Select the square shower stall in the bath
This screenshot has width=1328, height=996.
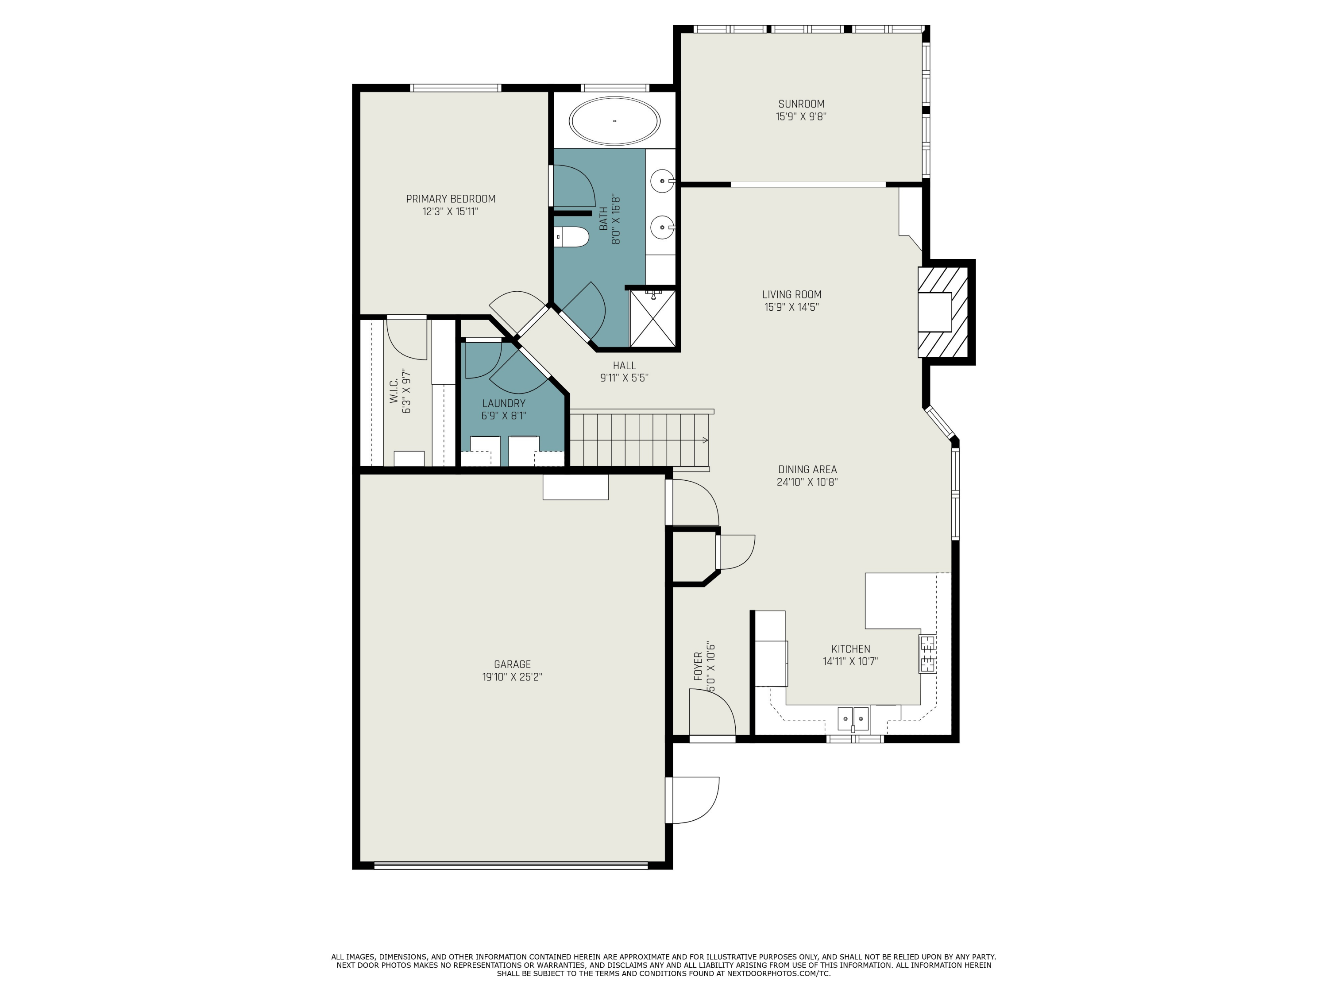652,319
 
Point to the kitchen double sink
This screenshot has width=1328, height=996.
853,718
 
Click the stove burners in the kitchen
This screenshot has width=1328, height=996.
927,654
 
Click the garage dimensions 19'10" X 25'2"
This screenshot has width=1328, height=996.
512,676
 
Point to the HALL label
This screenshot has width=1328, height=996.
624,365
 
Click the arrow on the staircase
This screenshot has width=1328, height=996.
705,440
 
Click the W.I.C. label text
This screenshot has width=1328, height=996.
394,390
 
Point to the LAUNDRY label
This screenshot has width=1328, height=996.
504,403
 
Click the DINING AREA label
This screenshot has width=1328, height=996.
807,470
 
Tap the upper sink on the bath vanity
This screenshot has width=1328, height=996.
663,180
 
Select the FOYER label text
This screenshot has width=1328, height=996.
698,666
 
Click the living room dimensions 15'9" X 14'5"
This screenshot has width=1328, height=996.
791,307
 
